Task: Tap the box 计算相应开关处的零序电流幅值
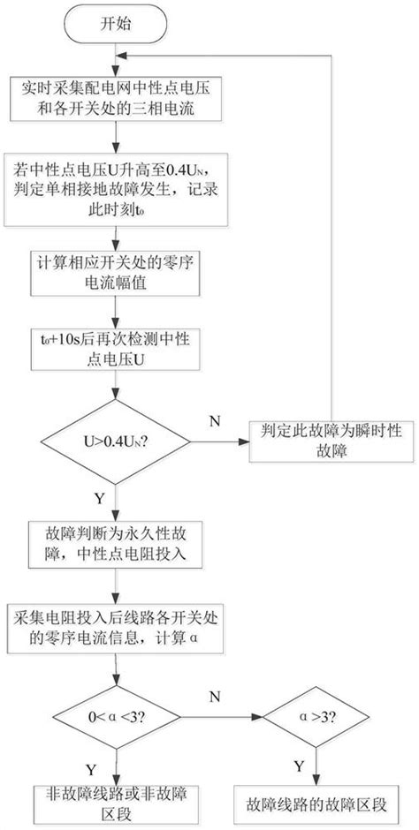(x=114, y=275)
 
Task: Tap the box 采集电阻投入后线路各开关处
(x=113, y=628)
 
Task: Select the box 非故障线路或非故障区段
(x=114, y=802)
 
